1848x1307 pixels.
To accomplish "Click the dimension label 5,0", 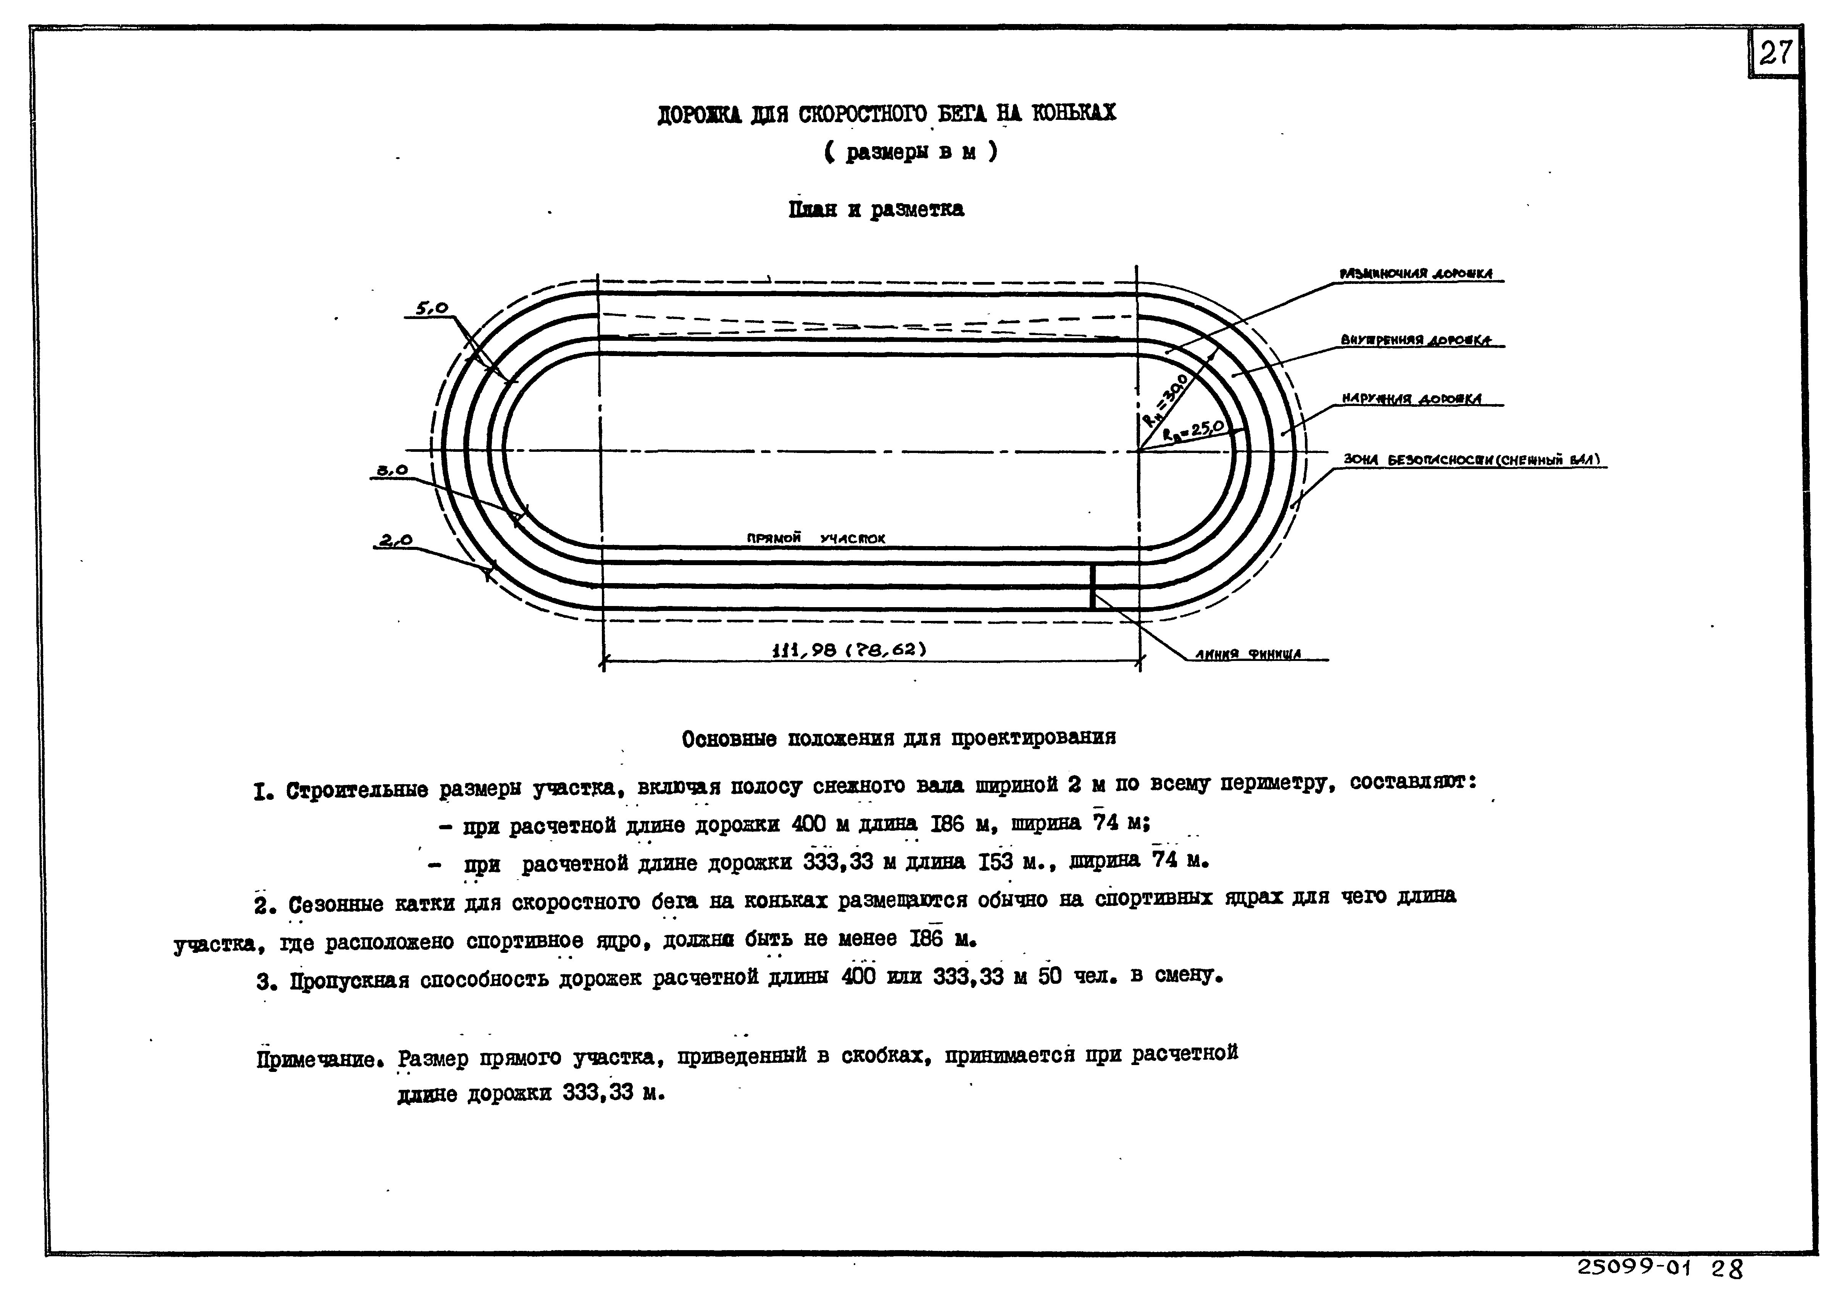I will (x=431, y=308).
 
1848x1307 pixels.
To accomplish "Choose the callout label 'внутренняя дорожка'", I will (x=1415, y=340).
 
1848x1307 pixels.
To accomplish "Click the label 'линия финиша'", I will (x=1248, y=654).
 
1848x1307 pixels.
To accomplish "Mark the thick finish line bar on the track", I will (x=1092, y=587).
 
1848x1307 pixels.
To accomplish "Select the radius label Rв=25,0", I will (x=1193, y=431).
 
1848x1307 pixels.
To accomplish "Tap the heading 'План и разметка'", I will (x=876, y=209).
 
